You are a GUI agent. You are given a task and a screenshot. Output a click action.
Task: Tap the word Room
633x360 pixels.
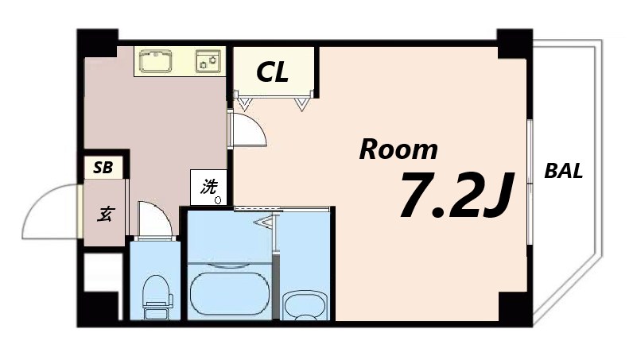pos(398,149)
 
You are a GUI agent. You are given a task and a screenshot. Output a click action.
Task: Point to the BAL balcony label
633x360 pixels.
pos(564,170)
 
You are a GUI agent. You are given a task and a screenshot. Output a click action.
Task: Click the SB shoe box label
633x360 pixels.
pos(103,168)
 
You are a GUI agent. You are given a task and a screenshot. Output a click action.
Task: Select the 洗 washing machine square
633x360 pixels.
pos(209,189)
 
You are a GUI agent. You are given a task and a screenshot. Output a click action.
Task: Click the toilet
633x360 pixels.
pos(156,294)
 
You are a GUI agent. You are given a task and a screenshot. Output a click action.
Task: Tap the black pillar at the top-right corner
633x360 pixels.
pos(514,41)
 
